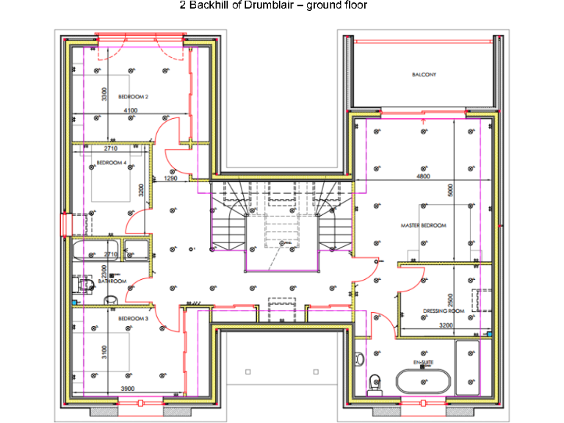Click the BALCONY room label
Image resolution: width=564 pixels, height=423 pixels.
pyautogui.click(x=424, y=74)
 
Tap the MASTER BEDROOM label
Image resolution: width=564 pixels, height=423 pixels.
pyautogui.click(x=424, y=225)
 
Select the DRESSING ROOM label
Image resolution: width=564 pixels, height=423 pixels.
pyautogui.click(x=444, y=311)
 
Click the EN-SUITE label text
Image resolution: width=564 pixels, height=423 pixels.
pyautogui.click(x=422, y=363)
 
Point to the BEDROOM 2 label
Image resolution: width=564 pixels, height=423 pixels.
pyautogui.click(x=134, y=96)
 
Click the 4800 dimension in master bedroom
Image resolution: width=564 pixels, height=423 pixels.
pyautogui.click(x=423, y=177)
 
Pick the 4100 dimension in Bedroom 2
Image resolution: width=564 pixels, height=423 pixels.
pyautogui.click(x=130, y=111)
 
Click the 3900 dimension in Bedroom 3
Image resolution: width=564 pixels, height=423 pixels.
pyautogui.click(x=127, y=388)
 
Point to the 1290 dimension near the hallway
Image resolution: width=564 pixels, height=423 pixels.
pyautogui.click(x=170, y=178)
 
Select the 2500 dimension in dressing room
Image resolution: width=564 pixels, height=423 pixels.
pyautogui.click(x=452, y=300)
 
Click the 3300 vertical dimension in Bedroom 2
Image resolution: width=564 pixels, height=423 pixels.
pyautogui.click(x=104, y=94)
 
